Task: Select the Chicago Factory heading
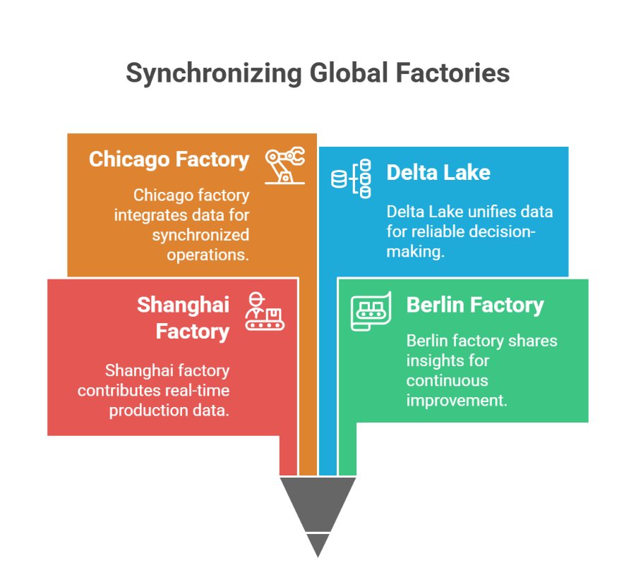[x=169, y=159]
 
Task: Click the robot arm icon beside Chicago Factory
[x=285, y=165]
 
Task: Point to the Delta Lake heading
[x=438, y=172]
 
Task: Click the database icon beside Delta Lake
[x=352, y=178]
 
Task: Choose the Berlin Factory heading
[x=475, y=305]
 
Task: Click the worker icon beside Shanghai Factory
[x=265, y=311]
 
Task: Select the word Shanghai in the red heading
[x=184, y=305]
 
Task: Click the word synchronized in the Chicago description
[x=201, y=234]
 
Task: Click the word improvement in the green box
[x=457, y=400]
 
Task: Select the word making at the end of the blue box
[x=415, y=251]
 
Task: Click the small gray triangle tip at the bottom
[x=318, y=543]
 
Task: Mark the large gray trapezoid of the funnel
[x=318, y=501]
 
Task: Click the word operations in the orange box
[x=208, y=254]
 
